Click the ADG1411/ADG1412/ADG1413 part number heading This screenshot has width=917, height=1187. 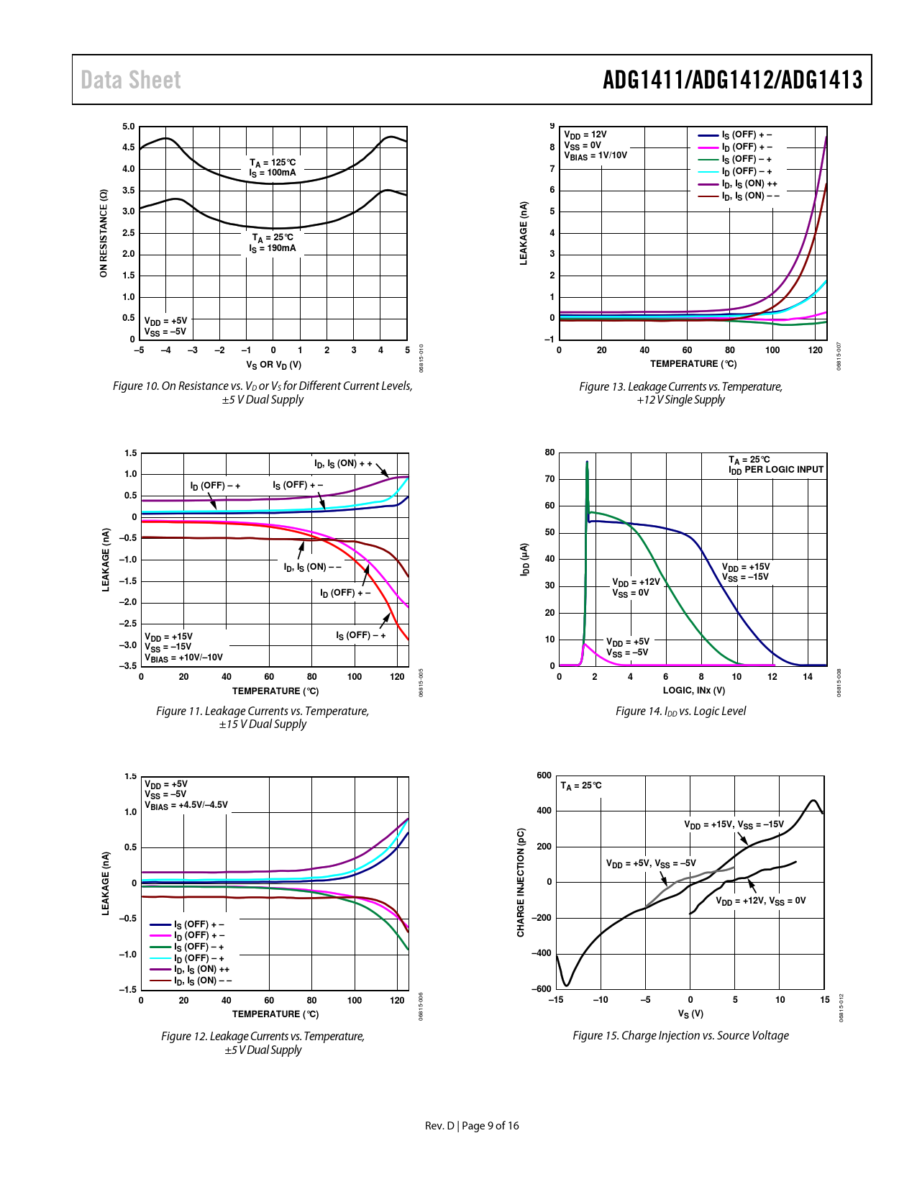(x=732, y=80)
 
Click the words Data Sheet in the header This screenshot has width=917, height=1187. (x=131, y=80)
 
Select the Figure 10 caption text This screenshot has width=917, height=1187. (x=263, y=393)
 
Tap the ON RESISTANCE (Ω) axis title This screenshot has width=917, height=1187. (x=104, y=233)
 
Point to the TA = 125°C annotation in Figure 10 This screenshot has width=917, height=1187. (x=273, y=163)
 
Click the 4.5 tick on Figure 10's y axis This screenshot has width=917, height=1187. (x=128, y=147)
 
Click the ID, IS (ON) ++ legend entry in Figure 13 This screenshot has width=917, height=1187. (x=749, y=183)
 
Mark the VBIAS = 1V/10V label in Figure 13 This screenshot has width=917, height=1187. (x=596, y=155)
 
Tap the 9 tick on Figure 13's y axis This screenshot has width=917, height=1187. (x=552, y=126)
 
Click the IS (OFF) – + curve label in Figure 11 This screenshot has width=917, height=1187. (x=361, y=635)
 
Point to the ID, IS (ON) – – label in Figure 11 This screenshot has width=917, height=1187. (x=312, y=568)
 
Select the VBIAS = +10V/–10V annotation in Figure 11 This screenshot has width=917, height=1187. (x=184, y=658)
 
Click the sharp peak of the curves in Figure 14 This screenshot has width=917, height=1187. (x=587, y=463)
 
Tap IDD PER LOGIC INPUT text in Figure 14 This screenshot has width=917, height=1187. (x=776, y=470)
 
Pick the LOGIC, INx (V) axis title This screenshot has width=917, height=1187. (x=693, y=691)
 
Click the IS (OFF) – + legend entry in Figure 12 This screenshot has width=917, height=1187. (x=199, y=947)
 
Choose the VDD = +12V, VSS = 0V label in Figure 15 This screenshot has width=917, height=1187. (x=760, y=901)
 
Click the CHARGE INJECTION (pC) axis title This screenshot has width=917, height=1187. (x=521, y=882)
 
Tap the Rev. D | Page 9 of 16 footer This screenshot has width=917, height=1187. (x=472, y=1126)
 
